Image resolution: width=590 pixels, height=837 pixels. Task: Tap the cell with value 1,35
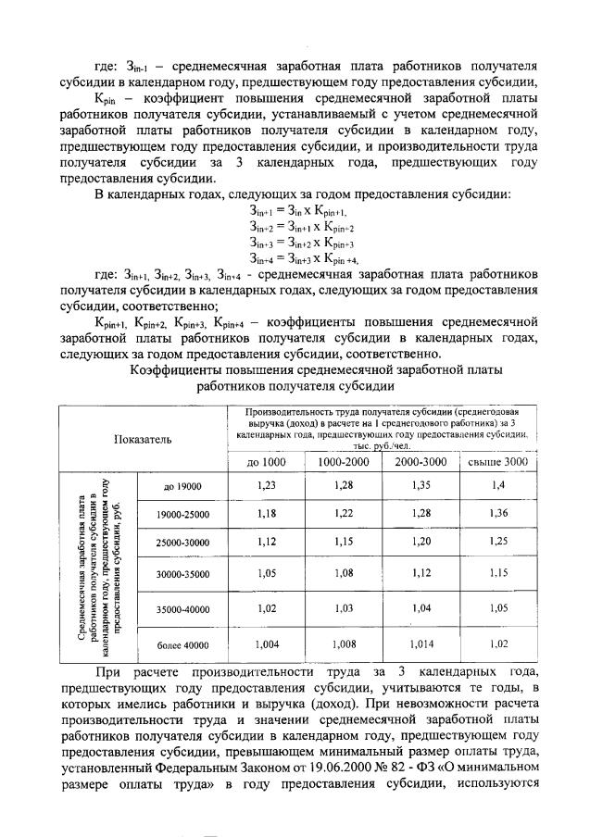pos(421,485)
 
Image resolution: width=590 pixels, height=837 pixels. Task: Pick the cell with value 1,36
pos(497,512)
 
